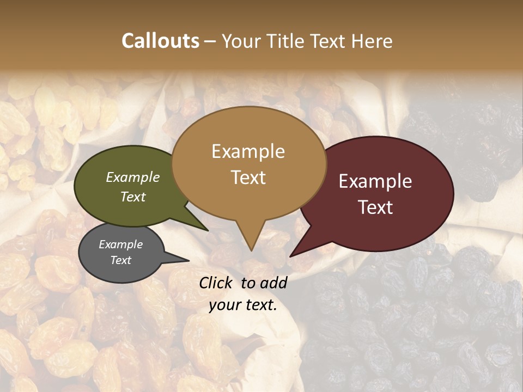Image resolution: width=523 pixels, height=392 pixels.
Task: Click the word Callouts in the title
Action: tap(160, 41)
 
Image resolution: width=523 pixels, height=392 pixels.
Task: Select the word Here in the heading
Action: tap(372, 41)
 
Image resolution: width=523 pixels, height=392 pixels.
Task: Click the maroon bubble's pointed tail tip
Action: tap(290, 256)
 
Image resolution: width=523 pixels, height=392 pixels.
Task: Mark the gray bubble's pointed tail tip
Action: tap(188, 261)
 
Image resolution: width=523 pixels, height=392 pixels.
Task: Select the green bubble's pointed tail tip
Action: tap(208, 230)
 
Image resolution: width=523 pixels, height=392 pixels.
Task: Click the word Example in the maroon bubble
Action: tap(375, 181)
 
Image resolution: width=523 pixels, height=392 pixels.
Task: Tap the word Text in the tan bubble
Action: tap(248, 177)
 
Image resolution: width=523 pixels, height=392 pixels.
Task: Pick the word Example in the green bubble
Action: tap(133, 177)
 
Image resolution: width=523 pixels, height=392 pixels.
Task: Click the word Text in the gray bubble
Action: tap(121, 260)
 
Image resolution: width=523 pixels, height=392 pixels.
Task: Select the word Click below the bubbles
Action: tap(216, 283)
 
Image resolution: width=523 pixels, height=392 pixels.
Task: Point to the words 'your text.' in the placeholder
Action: tap(243, 305)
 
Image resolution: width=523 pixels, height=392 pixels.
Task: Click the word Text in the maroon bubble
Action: tap(375, 207)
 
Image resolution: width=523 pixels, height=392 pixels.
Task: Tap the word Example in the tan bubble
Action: tap(248, 151)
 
